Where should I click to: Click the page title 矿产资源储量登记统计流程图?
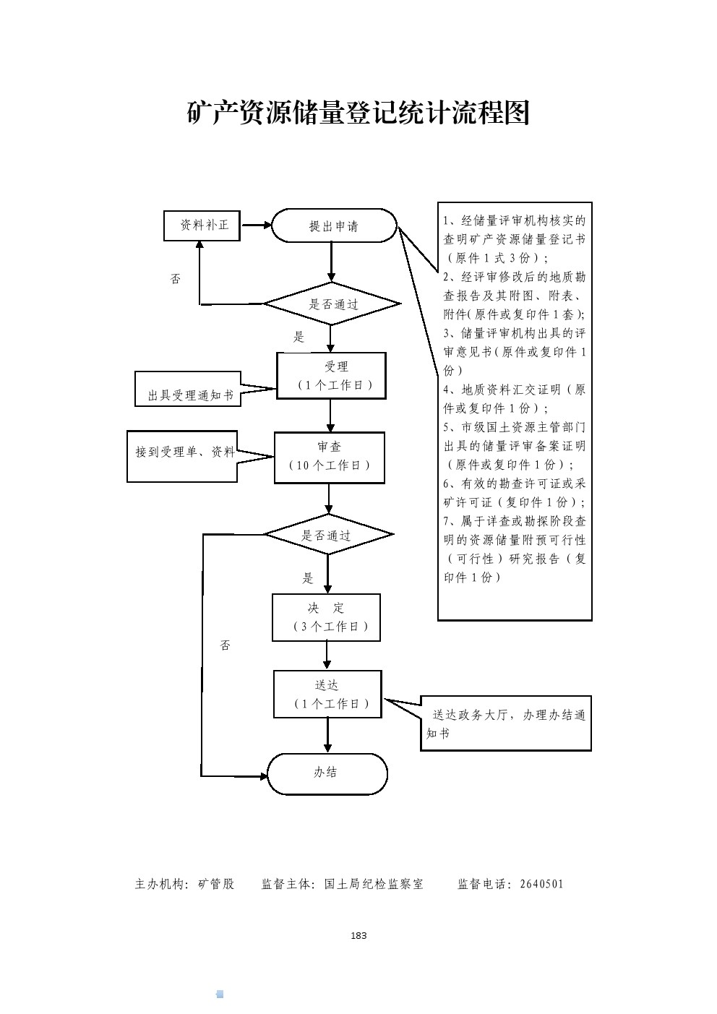[x=358, y=113]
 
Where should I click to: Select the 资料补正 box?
[x=204, y=225]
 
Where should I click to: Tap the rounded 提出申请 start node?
[x=334, y=226]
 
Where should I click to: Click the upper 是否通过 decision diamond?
[x=332, y=304]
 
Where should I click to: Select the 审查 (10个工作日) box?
[x=330, y=457]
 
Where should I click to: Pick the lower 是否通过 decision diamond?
[x=328, y=536]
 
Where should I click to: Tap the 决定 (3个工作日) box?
[x=326, y=617]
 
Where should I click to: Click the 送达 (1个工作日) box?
[x=327, y=694]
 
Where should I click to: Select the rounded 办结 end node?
[x=327, y=773]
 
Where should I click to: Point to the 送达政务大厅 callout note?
[x=506, y=724]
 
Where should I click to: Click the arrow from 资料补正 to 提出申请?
[x=256, y=226]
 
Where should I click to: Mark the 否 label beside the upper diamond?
[x=176, y=279]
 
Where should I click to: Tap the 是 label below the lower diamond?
[x=308, y=578]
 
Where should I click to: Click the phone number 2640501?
[x=541, y=884]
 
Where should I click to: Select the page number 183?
[x=358, y=935]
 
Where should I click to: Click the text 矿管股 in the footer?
[x=216, y=884]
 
